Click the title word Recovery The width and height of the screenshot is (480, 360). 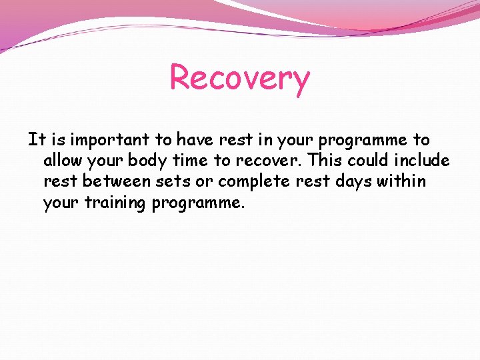click(240, 78)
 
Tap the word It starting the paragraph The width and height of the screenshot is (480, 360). click(35, 140)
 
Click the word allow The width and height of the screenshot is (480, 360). click(64, 161)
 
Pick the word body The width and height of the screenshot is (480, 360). click(151, 161)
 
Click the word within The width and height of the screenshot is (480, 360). click(405, 182)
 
